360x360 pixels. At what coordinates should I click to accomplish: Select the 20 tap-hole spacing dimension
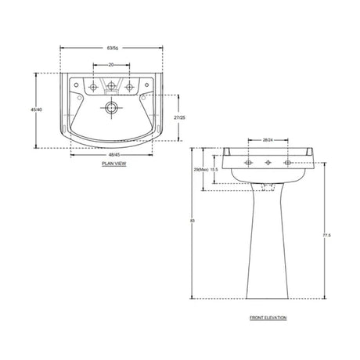(111, 65)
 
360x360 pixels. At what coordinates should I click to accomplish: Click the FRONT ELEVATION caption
(268, 319)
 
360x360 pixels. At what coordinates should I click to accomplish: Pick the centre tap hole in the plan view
(111, 86)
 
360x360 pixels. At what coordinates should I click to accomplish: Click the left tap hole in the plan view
(92, 86)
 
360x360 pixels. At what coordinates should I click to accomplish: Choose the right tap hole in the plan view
(130, 86)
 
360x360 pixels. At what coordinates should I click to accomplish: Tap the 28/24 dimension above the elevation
(268, 139)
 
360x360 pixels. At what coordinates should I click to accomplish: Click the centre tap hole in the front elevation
(268, 163)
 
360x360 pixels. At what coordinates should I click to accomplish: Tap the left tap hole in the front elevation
(249, 163)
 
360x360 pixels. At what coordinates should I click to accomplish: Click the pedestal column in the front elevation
(268, 243)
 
